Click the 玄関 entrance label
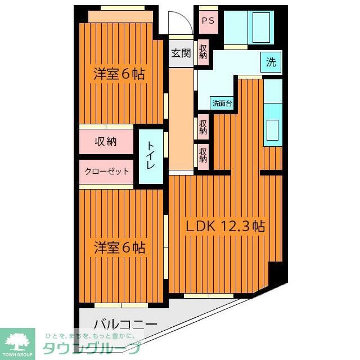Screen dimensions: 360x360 click(181, 54)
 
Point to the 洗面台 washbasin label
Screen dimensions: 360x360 click(222, 103)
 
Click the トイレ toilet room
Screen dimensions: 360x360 click(151, 156)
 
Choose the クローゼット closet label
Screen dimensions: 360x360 click(107, 172)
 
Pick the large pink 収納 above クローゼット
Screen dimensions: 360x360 click(106, 142)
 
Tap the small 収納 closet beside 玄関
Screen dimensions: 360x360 click(203, 53)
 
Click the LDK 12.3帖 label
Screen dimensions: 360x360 click(226, 227)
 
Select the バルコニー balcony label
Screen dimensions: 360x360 click(125, 325)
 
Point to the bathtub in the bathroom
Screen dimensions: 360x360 click(262, 26)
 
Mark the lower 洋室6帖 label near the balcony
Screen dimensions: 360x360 click(119, 247)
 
